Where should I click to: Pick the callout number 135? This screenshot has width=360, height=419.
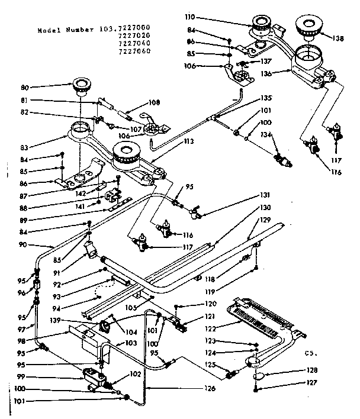[266, 98]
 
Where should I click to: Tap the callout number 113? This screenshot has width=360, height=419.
[188, 141]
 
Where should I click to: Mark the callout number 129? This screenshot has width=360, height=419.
[265, 220]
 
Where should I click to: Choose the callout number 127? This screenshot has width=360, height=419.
[312, 382]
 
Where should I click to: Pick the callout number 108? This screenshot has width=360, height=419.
[155, 102]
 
